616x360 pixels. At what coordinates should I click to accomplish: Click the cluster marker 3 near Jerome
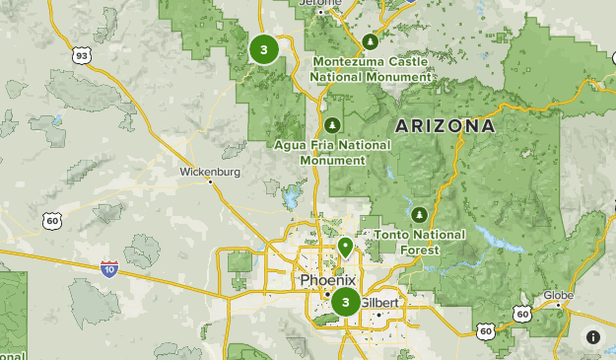coord(264,48)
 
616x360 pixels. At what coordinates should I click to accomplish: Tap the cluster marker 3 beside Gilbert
coord(345,303)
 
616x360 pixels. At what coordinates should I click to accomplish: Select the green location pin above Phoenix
coord(345,247)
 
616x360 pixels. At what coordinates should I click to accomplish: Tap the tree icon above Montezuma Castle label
coord(371,41)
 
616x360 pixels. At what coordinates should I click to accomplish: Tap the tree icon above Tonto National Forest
coord(420,213)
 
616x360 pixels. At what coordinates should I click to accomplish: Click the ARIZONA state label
coord(445,126)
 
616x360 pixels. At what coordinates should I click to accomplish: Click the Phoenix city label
coord(327,280)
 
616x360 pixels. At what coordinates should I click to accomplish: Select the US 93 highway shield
coord(81,57)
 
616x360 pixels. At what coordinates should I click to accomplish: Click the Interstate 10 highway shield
coord(108,267)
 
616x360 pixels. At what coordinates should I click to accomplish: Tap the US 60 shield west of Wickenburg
coord(51,222)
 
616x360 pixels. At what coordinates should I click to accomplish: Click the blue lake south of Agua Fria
coord(292,197)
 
